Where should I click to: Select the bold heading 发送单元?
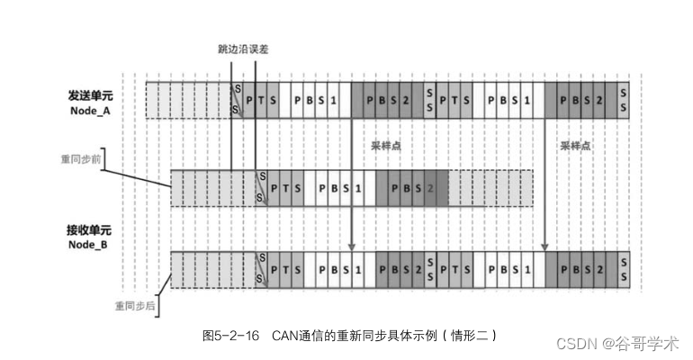tap(93, 94)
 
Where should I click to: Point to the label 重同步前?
tap(81, 158)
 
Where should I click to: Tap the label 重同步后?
tap(134, 304)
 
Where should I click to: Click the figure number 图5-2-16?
tap(232, 335)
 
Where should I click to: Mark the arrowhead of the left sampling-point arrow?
tap(351, 244)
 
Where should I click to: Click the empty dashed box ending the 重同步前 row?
tap(490, 187)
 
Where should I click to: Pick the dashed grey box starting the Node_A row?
tap(188, 99)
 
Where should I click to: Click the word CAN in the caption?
tap(285, 335)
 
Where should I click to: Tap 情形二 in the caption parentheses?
tap(472, 335)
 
